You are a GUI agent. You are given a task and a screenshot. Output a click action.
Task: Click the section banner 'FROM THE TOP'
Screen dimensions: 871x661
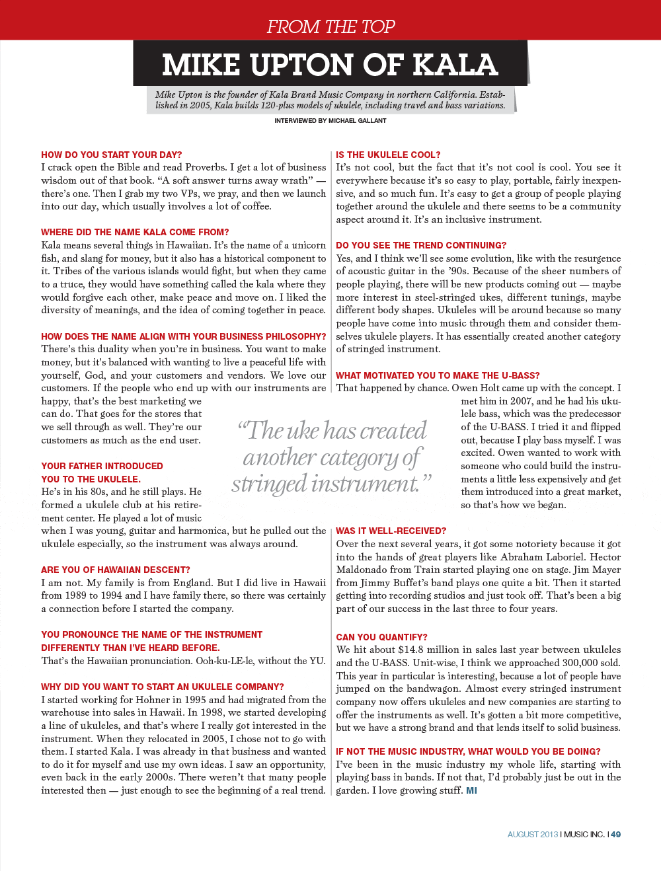(x=330, y=26)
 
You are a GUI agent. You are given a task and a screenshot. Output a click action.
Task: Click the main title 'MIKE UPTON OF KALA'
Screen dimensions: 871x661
(x=330, y=65)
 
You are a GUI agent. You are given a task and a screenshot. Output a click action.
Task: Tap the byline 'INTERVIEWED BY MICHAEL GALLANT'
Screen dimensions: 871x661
(x=330, y=121)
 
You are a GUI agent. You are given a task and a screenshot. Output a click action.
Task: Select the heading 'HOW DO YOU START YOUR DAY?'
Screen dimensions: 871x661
(x=111, y=155)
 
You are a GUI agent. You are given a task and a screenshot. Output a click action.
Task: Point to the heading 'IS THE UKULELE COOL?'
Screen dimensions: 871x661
(x=388, y=155)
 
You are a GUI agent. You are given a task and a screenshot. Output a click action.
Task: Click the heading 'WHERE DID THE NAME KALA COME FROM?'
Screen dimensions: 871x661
(x=135, y=232)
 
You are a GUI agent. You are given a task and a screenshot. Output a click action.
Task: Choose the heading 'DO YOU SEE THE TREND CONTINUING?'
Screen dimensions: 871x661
(x=421, y=245)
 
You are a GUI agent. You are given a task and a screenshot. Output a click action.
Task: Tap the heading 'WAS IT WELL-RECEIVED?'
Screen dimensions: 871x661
(x=391, y=531)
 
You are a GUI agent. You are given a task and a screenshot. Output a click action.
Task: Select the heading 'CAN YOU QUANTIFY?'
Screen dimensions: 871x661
(x=381, y=637)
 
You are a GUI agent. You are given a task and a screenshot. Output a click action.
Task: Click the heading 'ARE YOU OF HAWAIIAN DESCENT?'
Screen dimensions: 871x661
(x=115, y=570)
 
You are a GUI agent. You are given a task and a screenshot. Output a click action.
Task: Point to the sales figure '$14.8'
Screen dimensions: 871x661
(x=410, y=650)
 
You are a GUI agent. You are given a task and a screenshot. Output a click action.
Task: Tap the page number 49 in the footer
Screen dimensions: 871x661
(x=616, y=835)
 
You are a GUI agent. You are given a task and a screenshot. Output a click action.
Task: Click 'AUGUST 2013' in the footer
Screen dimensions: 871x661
(x=533, y=835)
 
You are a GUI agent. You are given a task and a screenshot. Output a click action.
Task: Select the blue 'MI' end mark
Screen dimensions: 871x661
(x=471, y=790)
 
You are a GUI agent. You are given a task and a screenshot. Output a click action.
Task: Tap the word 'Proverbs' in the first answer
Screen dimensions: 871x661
(x=206, y=167)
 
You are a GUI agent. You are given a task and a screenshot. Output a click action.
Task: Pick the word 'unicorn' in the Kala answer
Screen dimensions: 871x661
(x=309, y=245)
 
